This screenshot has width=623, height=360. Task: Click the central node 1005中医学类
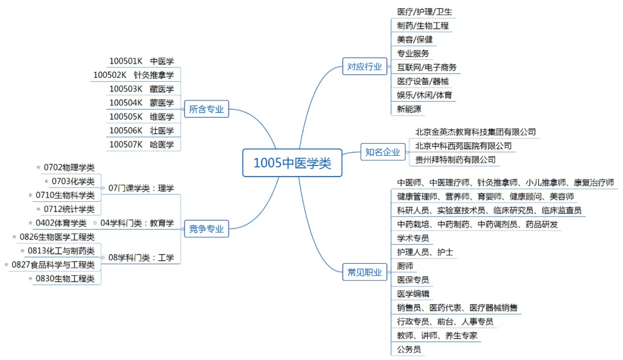[292, 163]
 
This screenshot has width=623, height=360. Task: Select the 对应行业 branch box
[364, 67]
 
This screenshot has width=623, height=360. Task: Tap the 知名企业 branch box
[382, 152]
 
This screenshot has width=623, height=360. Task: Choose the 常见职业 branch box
[364, 273]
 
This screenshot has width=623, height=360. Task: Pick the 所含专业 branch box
[206, 109]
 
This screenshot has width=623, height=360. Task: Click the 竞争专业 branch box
[206, 229]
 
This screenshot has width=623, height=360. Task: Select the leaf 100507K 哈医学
[141, 145]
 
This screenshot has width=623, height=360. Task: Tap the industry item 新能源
[409, 109]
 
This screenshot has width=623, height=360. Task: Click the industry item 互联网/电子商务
[427, 67]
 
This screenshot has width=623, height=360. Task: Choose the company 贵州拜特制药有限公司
[455, 160]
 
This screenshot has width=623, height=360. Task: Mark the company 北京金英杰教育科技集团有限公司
[475, 132]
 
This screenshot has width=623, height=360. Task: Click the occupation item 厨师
[405, 266]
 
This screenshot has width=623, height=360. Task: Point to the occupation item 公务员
[409, 349]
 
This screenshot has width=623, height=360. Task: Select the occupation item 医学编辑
[413, 294]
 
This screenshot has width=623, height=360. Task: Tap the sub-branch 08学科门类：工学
[141, 257]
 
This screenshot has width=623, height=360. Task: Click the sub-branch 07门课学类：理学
[141, 188]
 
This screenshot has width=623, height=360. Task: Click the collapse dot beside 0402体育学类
[31, 223]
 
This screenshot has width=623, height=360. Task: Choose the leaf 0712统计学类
[69, 209]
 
